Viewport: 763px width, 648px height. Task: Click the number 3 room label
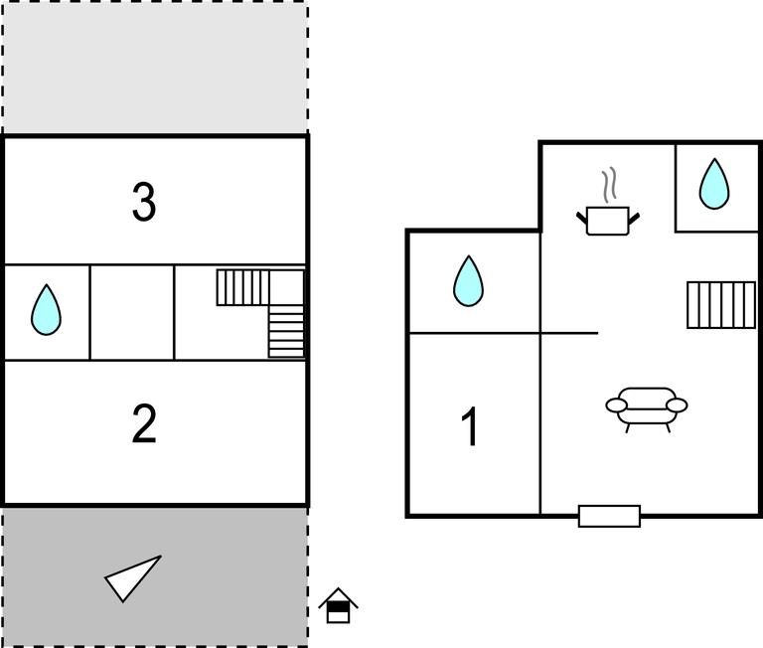tap(144, 202)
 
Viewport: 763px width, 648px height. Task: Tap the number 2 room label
tap(144, 423)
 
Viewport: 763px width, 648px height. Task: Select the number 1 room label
tap(470, 426)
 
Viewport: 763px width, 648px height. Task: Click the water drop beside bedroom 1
tap(468, 281)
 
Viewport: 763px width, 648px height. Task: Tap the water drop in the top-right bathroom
tap(714, 184)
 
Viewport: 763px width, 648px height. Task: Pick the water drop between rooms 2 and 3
tap(47, 310)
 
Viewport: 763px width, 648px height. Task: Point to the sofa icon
tap(646, 409)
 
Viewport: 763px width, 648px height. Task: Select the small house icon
tap(338, 605)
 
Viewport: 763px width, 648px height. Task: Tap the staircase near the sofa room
tap(721, 305)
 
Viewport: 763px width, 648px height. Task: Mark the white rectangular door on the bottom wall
tap(609, 516)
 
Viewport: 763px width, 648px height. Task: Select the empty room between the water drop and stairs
tap(132, 312)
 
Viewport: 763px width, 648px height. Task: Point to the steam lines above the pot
tap(609, 185)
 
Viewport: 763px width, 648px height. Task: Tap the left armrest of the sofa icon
tap(617, 405)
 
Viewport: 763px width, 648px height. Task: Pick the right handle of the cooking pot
tap(634, 219)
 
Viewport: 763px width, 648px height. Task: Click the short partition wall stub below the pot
tap(569, 333)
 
